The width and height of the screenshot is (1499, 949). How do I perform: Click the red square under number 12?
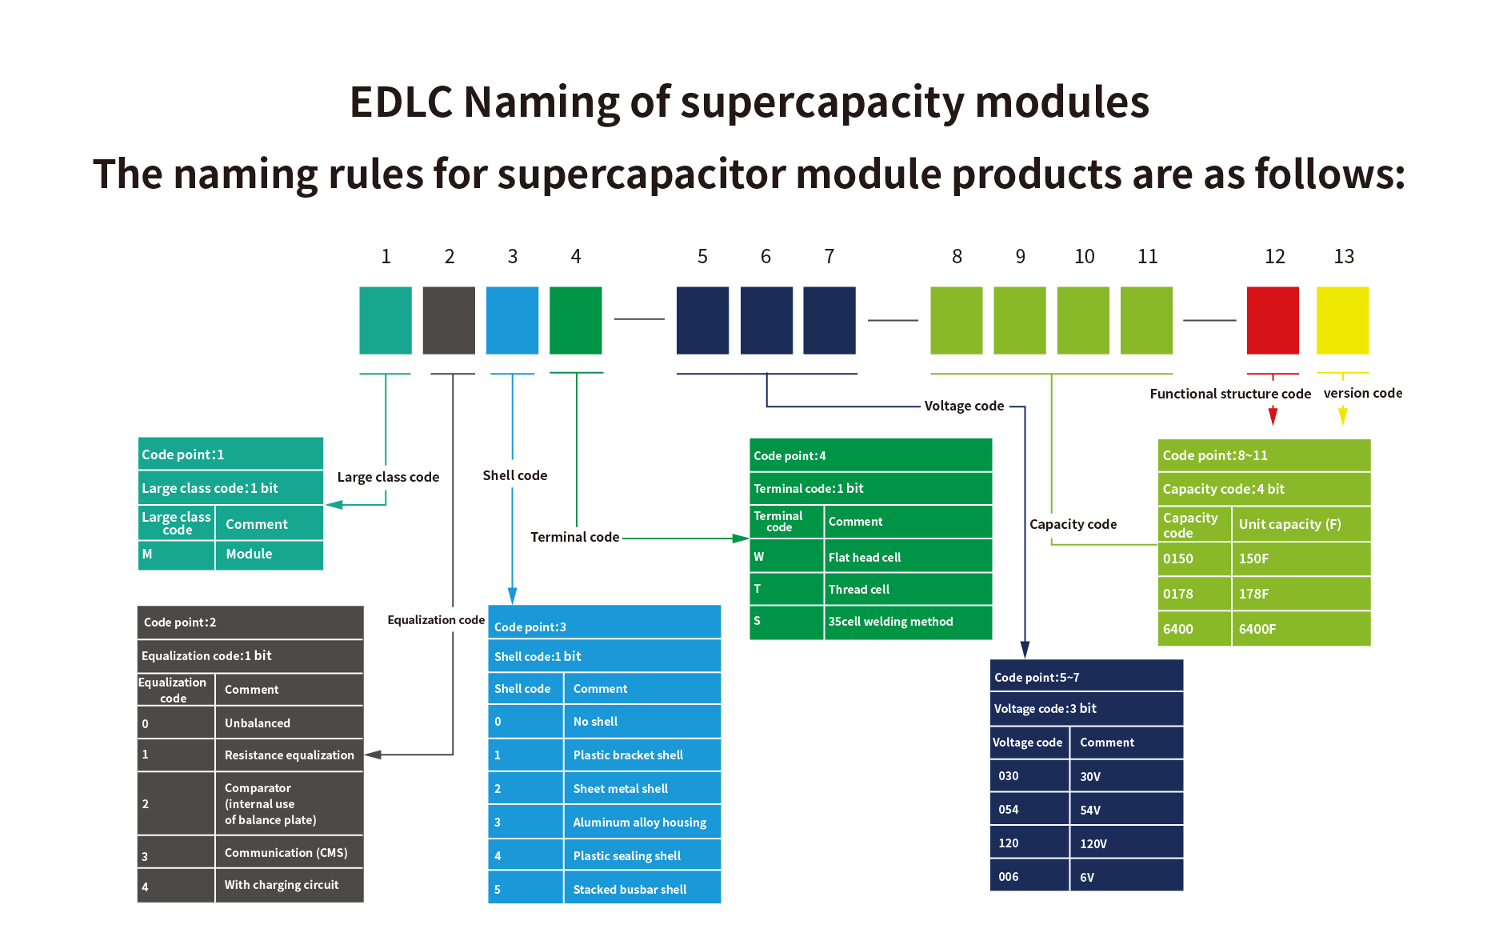(x=1272, y=320)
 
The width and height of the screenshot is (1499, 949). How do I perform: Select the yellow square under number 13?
(x=1342, y=320)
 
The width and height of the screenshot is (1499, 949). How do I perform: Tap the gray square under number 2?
(x=449, y=320)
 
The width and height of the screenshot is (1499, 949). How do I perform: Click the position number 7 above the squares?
(x=829, y=256)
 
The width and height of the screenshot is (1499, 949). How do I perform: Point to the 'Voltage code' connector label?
(x=964, y=406)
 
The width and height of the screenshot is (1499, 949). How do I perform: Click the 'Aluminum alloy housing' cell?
(x=640, y=822)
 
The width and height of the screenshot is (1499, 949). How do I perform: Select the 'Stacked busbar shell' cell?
(x=630, y=889)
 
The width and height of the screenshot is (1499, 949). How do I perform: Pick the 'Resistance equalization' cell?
(x=289, y=755)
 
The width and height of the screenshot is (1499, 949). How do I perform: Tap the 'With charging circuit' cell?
(x=282, y=884)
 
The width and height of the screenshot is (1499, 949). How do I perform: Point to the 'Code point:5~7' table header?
(x=1085, y=677)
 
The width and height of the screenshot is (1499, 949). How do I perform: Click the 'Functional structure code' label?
(x=1230, y=394)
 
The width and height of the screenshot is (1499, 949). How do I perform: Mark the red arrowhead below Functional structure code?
(x=1273, y=415)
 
